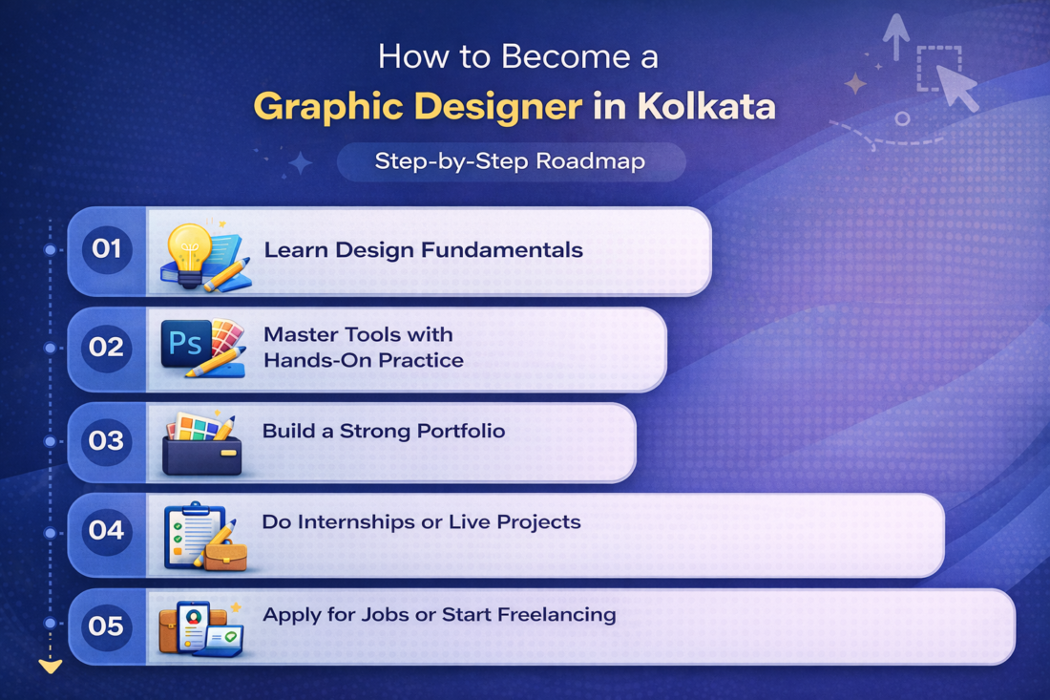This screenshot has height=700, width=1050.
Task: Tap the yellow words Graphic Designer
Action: pos(417,106)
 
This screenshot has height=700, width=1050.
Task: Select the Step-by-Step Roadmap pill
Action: pos(510,161)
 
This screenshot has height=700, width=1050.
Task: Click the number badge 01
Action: pos(107,250)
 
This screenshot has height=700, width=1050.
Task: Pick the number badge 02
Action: pos(107,348)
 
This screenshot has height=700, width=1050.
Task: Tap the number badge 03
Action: pos(107,441)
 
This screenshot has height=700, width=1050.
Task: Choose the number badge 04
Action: pos(107,531)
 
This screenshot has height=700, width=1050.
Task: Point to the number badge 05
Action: pos(107,626)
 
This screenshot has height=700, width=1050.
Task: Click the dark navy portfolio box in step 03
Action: pos(201,456)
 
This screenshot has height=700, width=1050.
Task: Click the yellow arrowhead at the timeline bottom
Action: pos(50,666)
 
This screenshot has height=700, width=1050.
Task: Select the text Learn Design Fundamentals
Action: pos(423,250)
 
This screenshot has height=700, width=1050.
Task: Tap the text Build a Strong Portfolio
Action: pos(384,431)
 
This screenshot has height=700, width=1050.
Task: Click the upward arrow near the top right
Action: pos(895,36)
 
